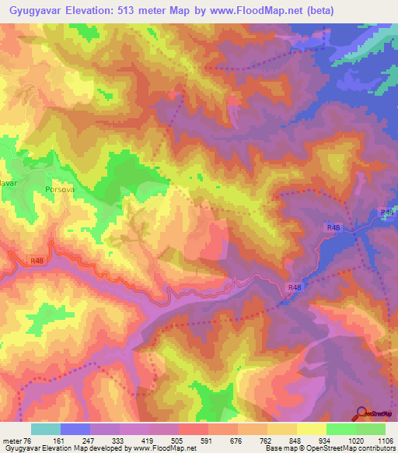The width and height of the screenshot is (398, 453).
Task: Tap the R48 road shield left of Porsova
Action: point(38,262)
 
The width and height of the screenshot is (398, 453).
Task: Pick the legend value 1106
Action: point(384,441)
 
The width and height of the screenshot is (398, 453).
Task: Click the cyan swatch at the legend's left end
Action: point(46,429)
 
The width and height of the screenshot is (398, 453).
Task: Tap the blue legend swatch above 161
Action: point(75,429)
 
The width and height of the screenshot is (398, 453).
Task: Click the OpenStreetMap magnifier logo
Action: point(361,413)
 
